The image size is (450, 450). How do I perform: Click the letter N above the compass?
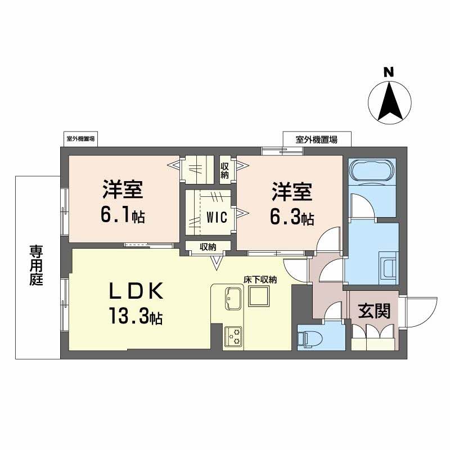pyautogui.click(x=388, y=72)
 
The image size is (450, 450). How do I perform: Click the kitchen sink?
pyautogui.click(x=232, y=298)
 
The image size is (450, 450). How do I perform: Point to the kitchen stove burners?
pyautogui.click(x=232, y=336)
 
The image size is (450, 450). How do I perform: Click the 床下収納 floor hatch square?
pyautogui.click(x=259, y=296)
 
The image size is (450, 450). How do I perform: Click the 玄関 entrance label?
pyautogui.click(x=374, y=311)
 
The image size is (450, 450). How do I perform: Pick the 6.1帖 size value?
pyautogui.click(x=123, y=215)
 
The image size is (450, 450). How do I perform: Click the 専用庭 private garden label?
pyautogui.click(x=37, y=264)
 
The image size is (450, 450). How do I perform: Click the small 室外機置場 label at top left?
pyautogui.click(x=80, y=138)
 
